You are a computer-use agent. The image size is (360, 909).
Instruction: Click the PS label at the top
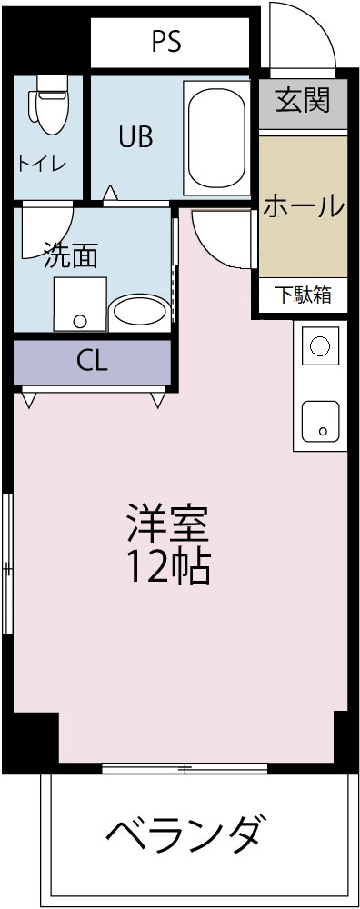(166, 41)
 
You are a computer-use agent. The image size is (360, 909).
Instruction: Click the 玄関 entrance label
(302, 101)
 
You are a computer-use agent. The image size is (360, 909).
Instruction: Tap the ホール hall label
(303, 207)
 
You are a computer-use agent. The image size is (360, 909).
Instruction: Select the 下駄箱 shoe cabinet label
(303, 295)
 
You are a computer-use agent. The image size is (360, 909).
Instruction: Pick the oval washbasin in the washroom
(138, 311)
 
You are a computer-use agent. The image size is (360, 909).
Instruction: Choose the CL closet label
(91, 361)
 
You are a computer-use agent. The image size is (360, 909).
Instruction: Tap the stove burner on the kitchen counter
(320, 345)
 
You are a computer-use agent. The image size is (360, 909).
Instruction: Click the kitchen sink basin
(320, 420)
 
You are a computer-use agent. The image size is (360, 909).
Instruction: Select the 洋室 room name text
(167, 523)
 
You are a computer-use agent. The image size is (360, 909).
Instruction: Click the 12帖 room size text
(167, 568)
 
